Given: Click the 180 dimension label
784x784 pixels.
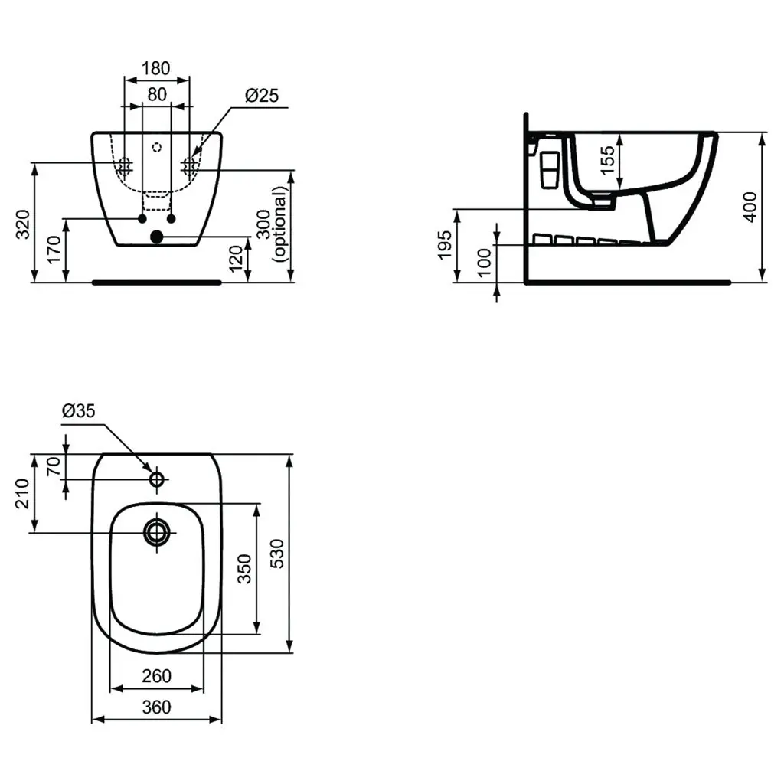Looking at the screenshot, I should [x=156, y=68].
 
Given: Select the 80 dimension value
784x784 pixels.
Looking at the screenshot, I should [x=156, y=95].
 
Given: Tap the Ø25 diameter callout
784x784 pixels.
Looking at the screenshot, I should [x=262, y=95].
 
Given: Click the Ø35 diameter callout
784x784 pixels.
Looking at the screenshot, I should [x=78, y=411].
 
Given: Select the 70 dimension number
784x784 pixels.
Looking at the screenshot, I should [x=54, y=466].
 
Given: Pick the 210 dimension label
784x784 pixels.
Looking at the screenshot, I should [x=22, y=493].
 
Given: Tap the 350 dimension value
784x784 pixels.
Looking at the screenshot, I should [x=244, y=567].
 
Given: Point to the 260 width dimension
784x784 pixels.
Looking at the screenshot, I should [x=156, y=677].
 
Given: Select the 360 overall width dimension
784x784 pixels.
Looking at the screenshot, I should [x=156, y=707].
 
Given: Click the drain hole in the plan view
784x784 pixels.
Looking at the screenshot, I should [x=158, y=532].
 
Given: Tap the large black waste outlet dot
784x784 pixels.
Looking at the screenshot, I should [x=157, y=237].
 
